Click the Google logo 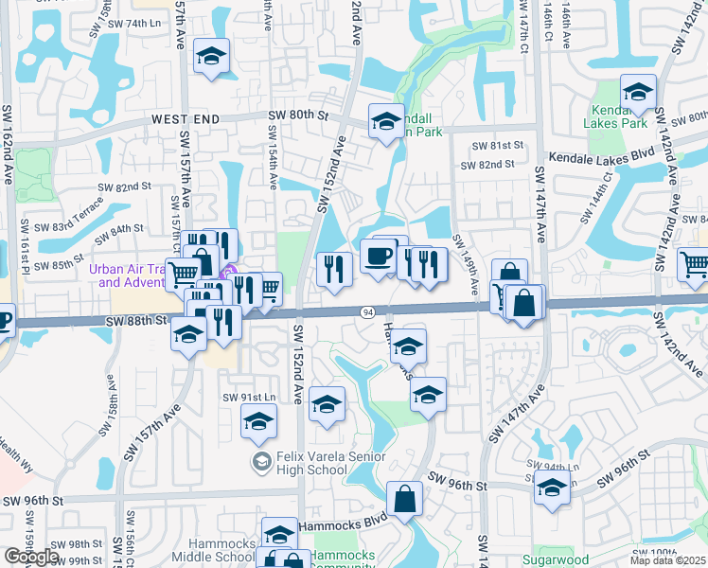point(31,557)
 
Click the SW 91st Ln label point(249,397)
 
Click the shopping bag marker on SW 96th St point(404,499)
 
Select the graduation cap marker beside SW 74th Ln point(211,56)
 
